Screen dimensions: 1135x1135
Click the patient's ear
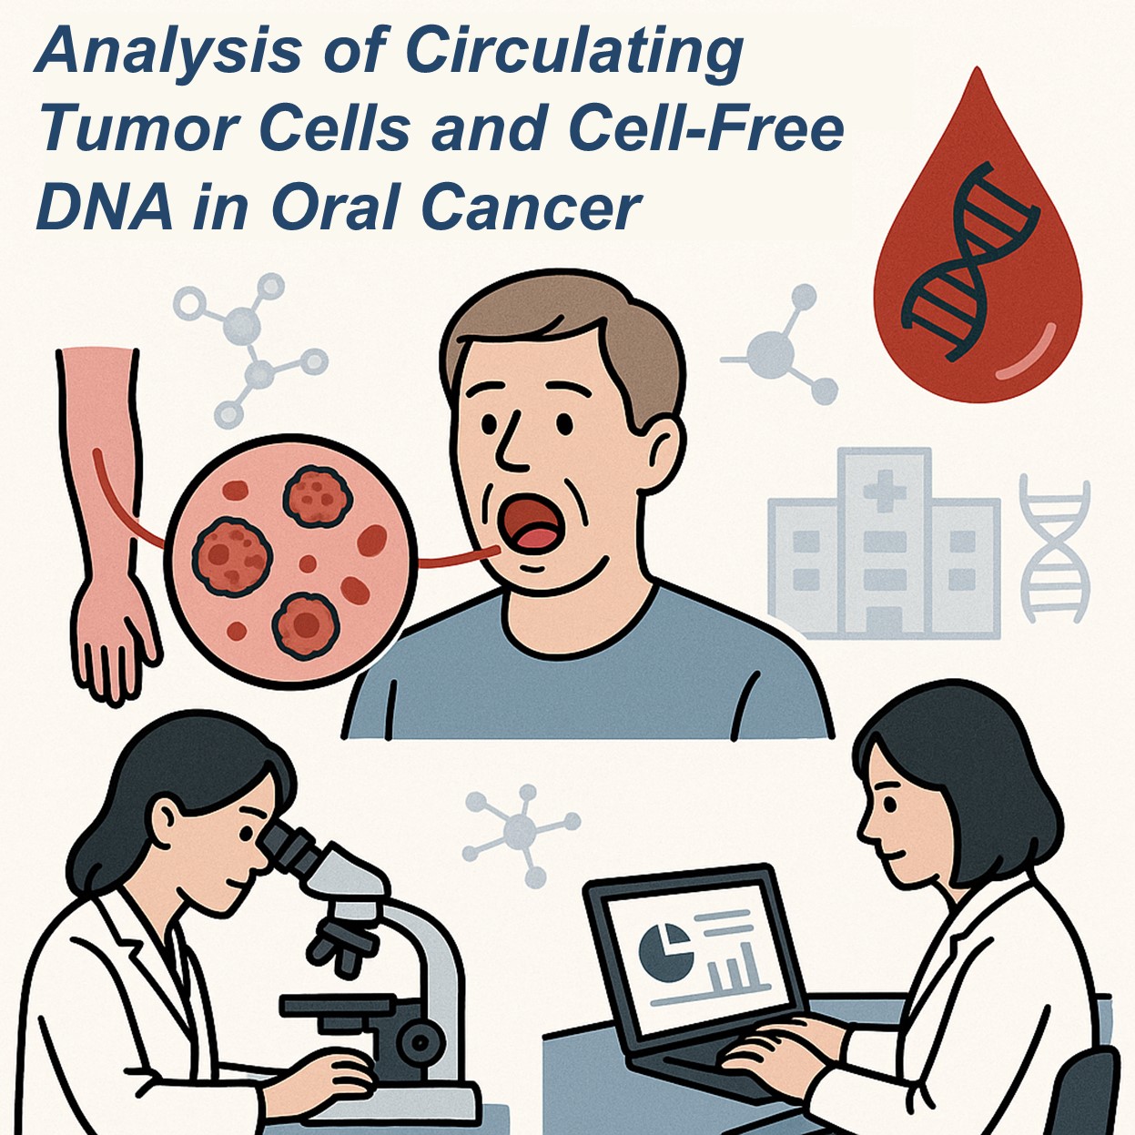664,452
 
